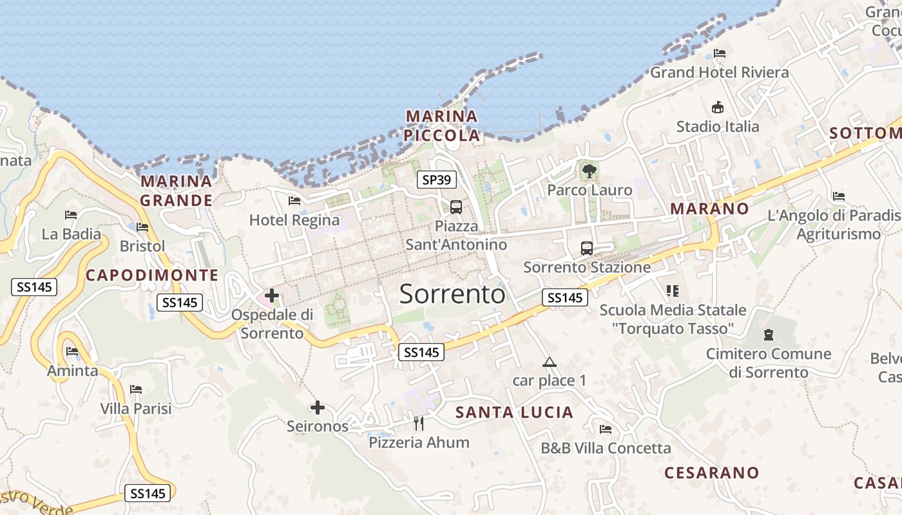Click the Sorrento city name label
452,294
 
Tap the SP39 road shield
436,180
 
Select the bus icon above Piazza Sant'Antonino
456,207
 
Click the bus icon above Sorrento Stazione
587,248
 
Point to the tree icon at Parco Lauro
589,171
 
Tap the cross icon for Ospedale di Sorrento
272,296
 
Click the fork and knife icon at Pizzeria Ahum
419,423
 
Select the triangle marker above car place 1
549,362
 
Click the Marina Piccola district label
442,126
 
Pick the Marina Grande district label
177,191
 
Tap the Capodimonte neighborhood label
152,276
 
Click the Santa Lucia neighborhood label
514,413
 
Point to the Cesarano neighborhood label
711,473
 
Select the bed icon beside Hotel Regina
294,201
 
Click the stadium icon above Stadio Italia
717,107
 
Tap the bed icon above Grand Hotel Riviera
720,53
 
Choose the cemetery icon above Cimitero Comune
768,335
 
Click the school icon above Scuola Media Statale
673,291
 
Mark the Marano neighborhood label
709,209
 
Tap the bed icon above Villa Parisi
136,389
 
